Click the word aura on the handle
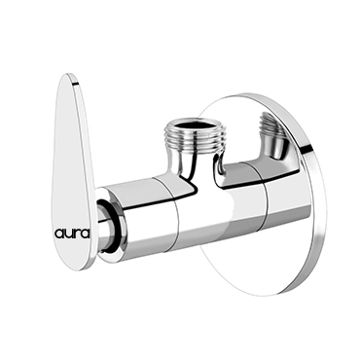[x=72, y=234]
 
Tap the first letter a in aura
[x=59, y=234]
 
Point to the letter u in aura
[x=69, y=234]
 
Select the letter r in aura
[x=77, y=234]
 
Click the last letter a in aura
[x=85, y=234]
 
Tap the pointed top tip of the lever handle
[x=68, y=75]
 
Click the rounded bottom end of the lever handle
[x=77, y=262]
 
